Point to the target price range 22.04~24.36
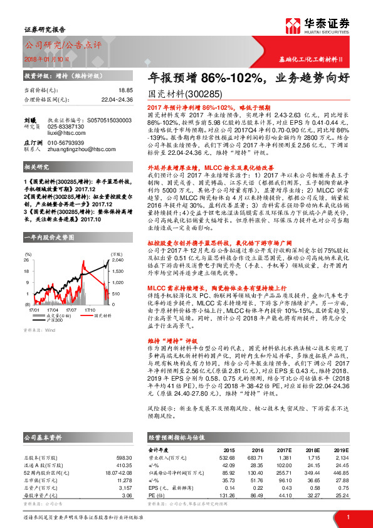pyautogui.click(x=117, y=99)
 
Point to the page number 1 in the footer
pyautogui.click(x=347, y=517)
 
